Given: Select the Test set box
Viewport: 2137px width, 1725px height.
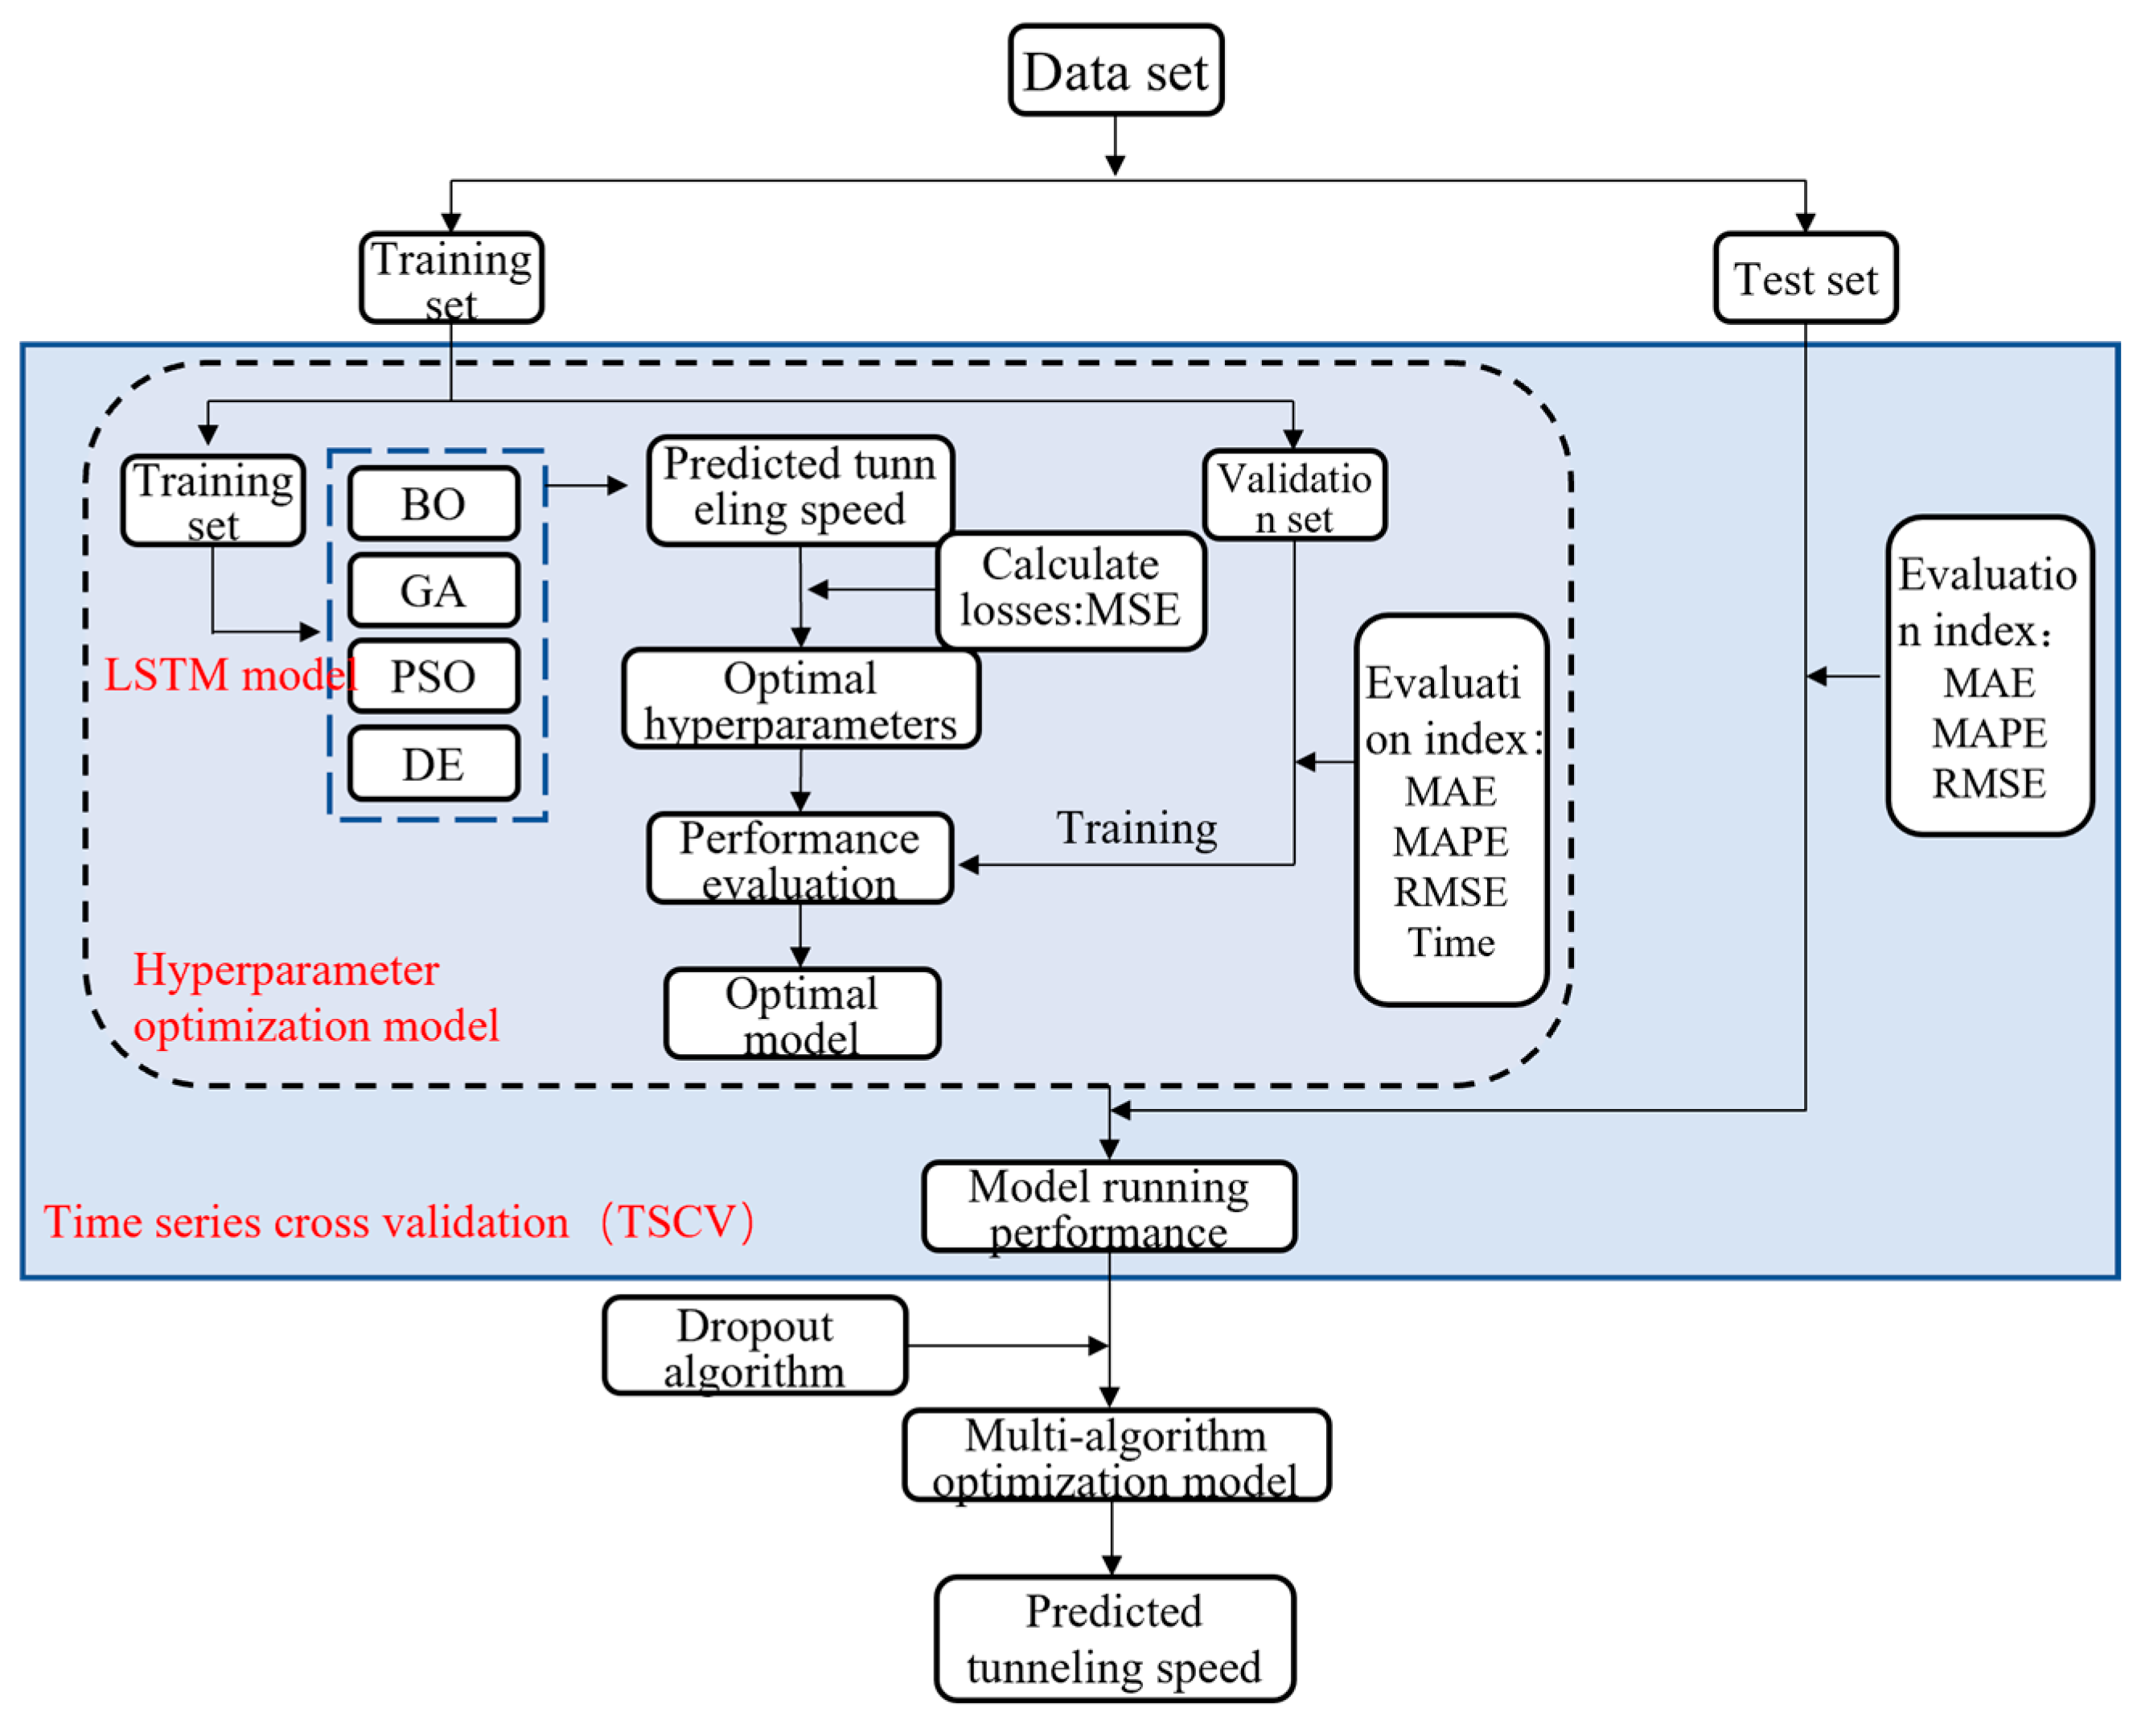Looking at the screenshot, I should coord(1804,278).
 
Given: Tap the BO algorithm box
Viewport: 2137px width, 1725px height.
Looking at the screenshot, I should coord(434,503).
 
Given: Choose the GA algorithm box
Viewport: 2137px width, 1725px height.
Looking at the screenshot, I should coord(434,590).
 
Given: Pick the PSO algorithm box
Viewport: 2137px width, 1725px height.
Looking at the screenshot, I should coord(434,676).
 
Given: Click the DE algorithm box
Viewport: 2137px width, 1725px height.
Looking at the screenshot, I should coord(434,764).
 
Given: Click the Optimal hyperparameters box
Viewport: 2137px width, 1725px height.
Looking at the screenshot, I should coord(800,700).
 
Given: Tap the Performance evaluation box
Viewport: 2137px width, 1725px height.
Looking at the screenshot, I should coord(800,860).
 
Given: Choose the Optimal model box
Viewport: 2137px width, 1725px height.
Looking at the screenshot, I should coord(801,1013).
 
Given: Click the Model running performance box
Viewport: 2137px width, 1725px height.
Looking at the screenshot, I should coord(1108,1206).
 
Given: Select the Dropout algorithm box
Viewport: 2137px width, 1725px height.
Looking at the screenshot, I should coord(754,1345).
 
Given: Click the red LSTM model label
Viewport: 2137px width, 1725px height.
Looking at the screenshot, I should coord(228,676).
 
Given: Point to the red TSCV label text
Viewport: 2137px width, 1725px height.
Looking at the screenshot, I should coord(397,1222).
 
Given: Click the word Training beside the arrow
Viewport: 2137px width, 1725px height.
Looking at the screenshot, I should coord(1136,828).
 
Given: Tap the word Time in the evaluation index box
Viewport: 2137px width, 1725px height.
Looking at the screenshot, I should coord(1450,941).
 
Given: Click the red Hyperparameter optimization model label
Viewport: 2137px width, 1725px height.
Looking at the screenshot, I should coord(315,998).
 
